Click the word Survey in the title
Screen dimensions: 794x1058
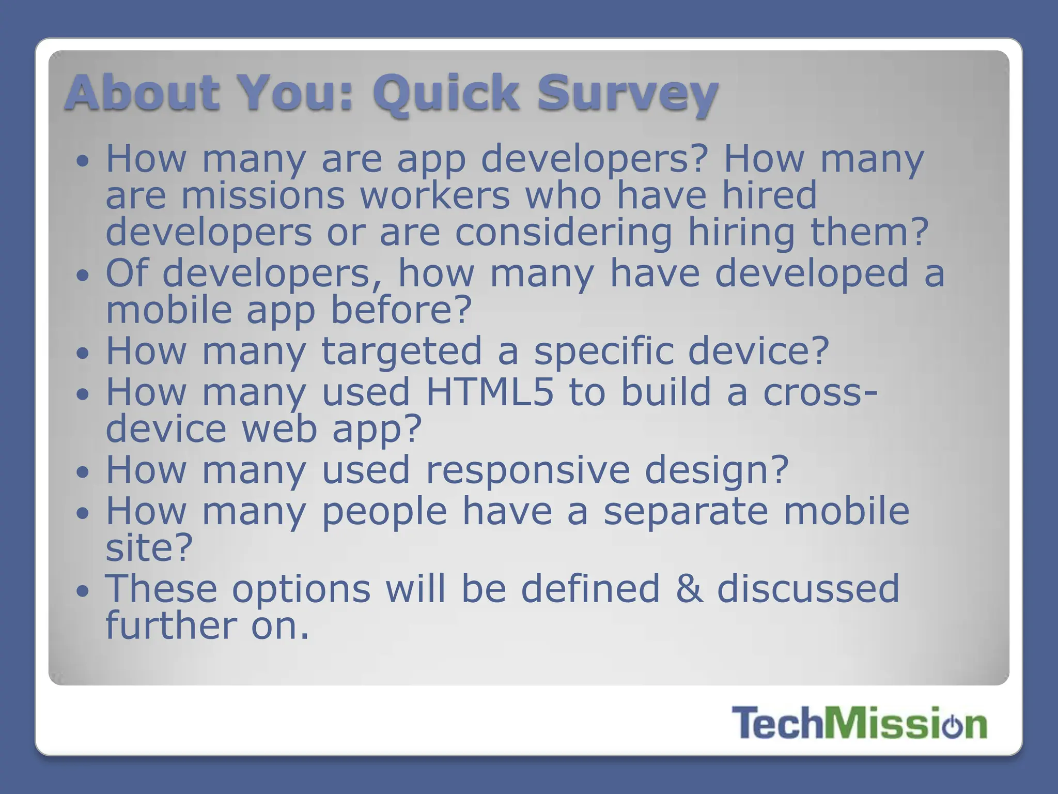(628, 93)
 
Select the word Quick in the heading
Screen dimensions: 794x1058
(445, 93)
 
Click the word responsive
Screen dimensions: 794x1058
(527, 470)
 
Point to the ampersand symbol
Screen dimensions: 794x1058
(689, 589)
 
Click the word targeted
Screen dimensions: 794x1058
(401, 351)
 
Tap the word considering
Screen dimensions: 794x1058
(563, 232)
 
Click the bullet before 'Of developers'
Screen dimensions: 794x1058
(83, 276)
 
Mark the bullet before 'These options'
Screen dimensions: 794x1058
(83, 591)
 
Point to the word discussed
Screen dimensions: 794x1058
(808, 589)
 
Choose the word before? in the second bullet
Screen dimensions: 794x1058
(401, 310)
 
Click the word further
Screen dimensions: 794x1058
(170, 625)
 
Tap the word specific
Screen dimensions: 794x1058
(603, 351)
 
